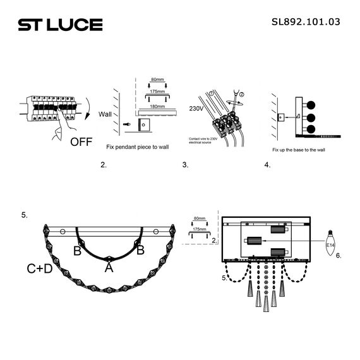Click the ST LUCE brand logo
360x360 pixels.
(x=60, y=25)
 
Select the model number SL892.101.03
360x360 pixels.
(x=306, y=21)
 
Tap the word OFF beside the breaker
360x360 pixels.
(x=81, y=141)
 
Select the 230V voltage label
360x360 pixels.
(x=196, y=109)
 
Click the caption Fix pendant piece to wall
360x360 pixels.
(x=137, y=146)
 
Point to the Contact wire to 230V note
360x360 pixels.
(x=203, y=140)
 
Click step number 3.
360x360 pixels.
(x=185, y=165)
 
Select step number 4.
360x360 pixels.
(x=267, y=165)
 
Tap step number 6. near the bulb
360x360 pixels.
(x=339, y=256)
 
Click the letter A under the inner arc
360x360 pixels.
(x=109, y=267)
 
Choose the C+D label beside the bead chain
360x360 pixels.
(x=40, y=268)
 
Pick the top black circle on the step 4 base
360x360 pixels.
(x=311, y=104)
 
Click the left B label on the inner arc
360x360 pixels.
(x=77, y=251)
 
